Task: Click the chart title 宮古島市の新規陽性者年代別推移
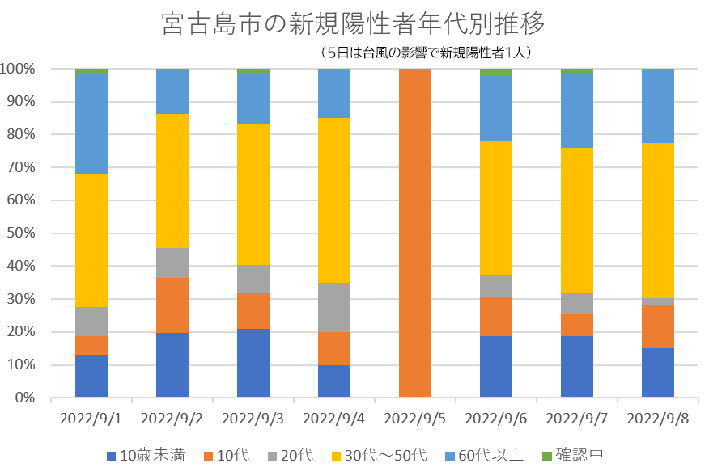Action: tap(354, 24)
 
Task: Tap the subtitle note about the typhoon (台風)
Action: tap(425, 53)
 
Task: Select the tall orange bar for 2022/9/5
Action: tap(415, 233)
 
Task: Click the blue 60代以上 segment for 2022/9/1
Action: tap(91, 124)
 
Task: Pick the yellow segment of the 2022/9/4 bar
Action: tap(334, 200)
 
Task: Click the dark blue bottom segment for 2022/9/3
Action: tap(253, 363)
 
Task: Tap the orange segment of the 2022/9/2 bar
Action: tap(172, 305)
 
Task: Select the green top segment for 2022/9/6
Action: tap(496, 72)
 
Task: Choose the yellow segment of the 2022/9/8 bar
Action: tap(658, 221)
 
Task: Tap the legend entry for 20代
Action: tap(298, 455)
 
